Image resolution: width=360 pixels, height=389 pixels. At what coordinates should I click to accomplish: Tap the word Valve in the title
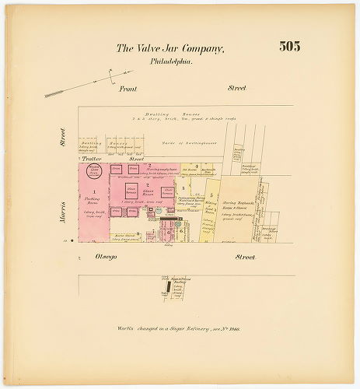(x=149, y=48)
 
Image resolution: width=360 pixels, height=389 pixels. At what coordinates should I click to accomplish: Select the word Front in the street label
(x=128, y=89)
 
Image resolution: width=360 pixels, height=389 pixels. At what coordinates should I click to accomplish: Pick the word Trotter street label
(x=93, y=159)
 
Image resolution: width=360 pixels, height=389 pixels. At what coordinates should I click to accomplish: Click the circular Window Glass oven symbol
(x=93, y=169)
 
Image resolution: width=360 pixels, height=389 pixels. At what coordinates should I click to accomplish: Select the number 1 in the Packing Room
(x=95, y=191)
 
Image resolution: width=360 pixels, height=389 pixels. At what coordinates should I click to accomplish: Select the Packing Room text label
(x=94, y=201)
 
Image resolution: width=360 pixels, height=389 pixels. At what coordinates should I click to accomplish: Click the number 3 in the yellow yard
(x=181, y=188)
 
